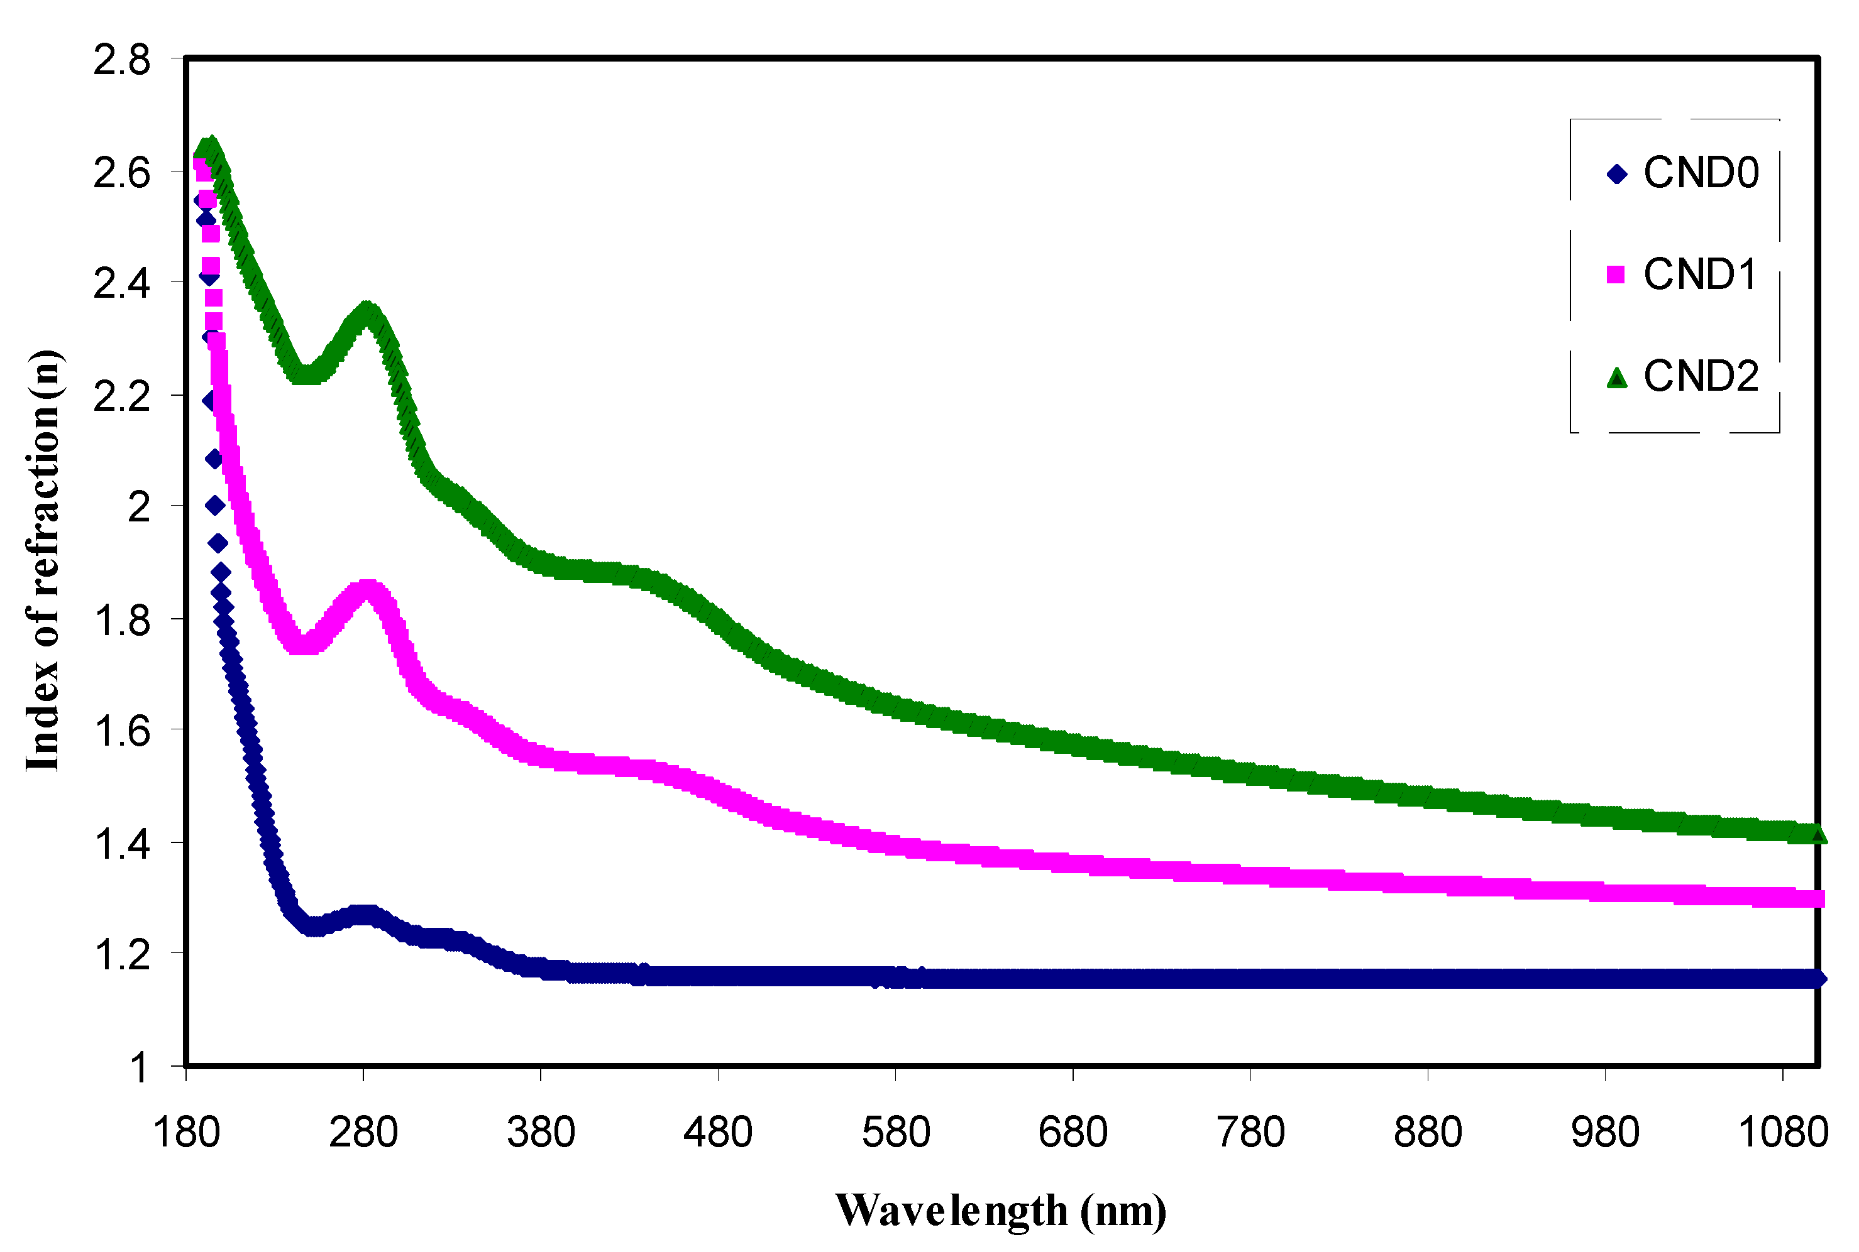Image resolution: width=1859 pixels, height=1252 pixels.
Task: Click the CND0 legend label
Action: (x=1701, y=173)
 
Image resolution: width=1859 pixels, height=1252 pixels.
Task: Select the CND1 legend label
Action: (x=1701, y=275)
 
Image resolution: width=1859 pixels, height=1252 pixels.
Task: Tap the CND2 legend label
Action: (x=1701, y=376)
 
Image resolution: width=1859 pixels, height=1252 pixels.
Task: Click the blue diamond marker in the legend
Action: (x=1617, y=174)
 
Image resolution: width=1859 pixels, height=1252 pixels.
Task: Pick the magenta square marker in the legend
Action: (x=1615, y=275)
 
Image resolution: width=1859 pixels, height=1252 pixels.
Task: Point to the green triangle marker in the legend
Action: (x=1617, y=378)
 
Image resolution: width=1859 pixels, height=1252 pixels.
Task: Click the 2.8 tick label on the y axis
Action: (x=121, y=61)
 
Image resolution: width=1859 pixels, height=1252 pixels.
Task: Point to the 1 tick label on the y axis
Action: (x=140, y=1067)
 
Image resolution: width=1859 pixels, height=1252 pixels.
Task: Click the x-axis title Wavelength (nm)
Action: (x=1000, y=1211)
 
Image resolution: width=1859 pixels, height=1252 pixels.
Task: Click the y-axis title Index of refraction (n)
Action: (x=44, y=560)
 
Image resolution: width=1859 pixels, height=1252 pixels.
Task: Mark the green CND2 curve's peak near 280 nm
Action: (x=367, y=312)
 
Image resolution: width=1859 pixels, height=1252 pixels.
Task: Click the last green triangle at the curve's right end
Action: (x=1818, y=834)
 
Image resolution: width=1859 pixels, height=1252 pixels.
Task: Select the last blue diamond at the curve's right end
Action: (x=1818, y=979)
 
